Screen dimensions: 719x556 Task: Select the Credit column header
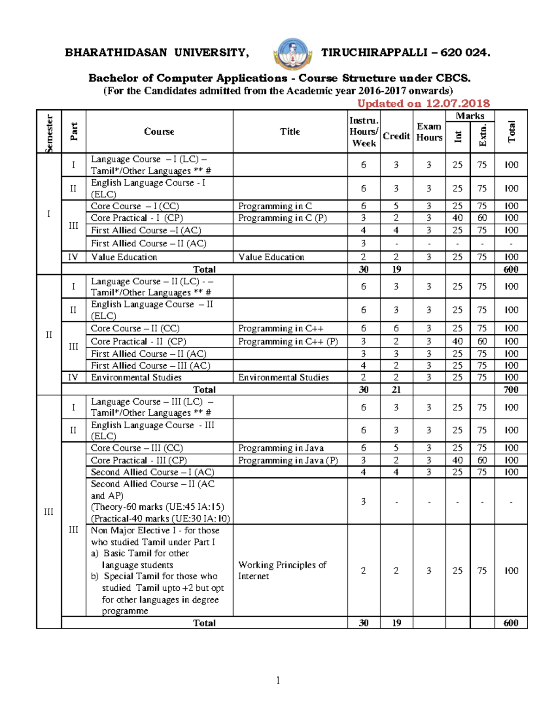(x=396, y=136)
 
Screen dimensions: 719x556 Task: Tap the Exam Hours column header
(x=429, y=132)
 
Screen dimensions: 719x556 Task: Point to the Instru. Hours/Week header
(x=364, y=132)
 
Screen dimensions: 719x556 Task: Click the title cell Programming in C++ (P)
(x=288, y=341)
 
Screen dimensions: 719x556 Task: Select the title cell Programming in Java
(x=281, y=448)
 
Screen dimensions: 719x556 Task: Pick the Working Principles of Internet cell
(x=282, y=570)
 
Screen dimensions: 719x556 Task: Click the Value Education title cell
(x=271, y=257)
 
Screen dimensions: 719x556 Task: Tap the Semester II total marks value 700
(x=511, y=389)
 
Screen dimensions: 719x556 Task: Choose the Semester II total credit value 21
(x=396, y=389)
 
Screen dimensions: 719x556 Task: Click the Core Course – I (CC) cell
(x=135, y=206)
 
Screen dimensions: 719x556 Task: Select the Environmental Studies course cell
(x=136, y=377)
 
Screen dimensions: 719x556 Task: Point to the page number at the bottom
(x=278, y=680)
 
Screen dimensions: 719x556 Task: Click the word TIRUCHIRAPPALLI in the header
(x=374, y=52)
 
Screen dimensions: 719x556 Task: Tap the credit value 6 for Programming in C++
(x=396, y=328)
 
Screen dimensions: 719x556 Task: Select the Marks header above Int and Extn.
(x=470, y=116)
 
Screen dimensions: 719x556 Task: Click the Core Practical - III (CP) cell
(x=139, y=460)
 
